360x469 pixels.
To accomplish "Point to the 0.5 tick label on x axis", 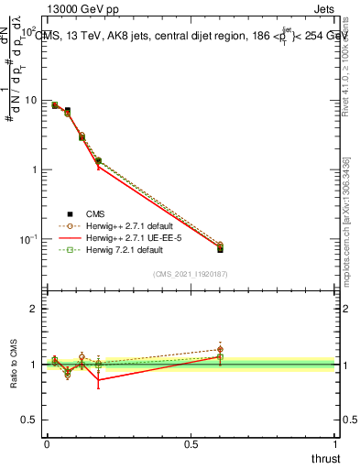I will pyautogui.click(x=191, y=445).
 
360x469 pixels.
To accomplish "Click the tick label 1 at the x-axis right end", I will pyautogui.click(x=334, y=445).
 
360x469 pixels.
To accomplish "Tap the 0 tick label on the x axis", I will pyautogui.click(x=47, y=445).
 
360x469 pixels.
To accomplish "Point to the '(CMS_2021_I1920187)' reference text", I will pyautogui.click(x=191, y=274).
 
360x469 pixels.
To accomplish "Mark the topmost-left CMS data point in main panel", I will pyautogui.click(x=55, y=105).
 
